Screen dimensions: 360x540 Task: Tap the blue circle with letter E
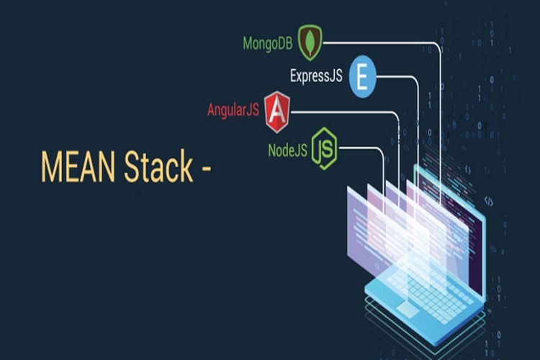362,77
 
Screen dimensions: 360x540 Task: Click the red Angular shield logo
276,112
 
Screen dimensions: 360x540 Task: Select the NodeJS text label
287,149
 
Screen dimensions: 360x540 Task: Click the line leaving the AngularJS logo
346,112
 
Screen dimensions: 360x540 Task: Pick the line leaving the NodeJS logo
360,147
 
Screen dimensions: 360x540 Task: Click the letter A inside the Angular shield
276,112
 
